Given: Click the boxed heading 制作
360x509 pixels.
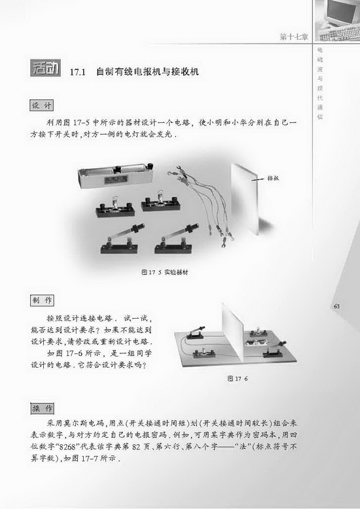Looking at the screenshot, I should tap(42, 300).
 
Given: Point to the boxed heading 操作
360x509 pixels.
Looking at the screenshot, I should tap(42, 408).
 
